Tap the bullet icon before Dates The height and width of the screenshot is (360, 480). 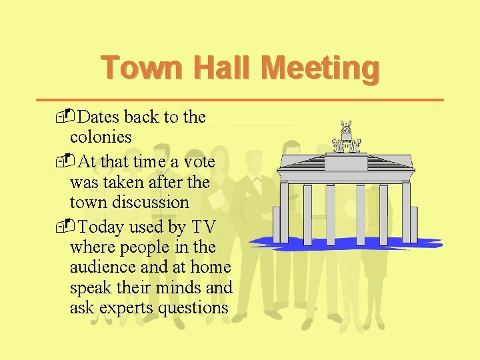click(63, 117)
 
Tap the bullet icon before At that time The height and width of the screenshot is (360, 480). click(63, 162)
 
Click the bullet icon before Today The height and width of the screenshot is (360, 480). click(63, 227)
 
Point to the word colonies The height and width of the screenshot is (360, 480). click(101, 137)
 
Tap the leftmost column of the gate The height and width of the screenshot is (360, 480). click(284, 213)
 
